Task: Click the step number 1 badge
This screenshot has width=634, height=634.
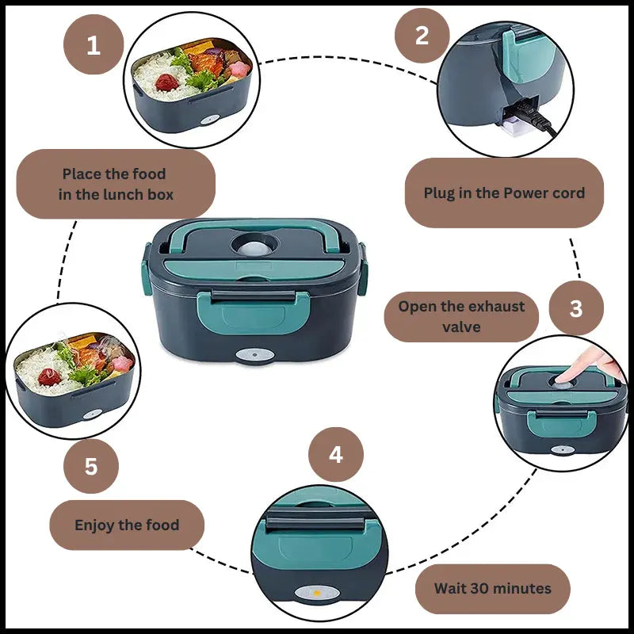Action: pyautogui.click(x=94, y=44)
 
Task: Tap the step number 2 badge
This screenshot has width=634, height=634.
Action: pyautogui.click(x=422, y=35)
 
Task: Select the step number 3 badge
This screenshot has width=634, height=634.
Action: pyautogui.click(x=576, y=308)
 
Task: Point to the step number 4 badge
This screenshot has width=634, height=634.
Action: pyautogui.click(x=336, y=455)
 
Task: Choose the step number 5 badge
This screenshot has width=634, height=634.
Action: pyautogui.click(x=91, y=466)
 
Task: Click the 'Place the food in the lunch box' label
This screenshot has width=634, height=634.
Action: pyautogui.click(x=116, y=184)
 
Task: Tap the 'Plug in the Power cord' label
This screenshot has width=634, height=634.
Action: pyautogui.click(x=504, y=193)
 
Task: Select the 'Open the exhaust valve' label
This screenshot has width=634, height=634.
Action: pyautogui.click(x=461, y=316)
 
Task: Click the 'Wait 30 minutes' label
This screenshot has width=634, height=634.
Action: pyautogui.click(x=492, y=588)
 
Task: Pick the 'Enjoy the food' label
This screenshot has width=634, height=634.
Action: pyautogui.click(x=127, y=525)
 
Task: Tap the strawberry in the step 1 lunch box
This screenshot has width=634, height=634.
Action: pyautogui.click(x=166, y=82)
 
